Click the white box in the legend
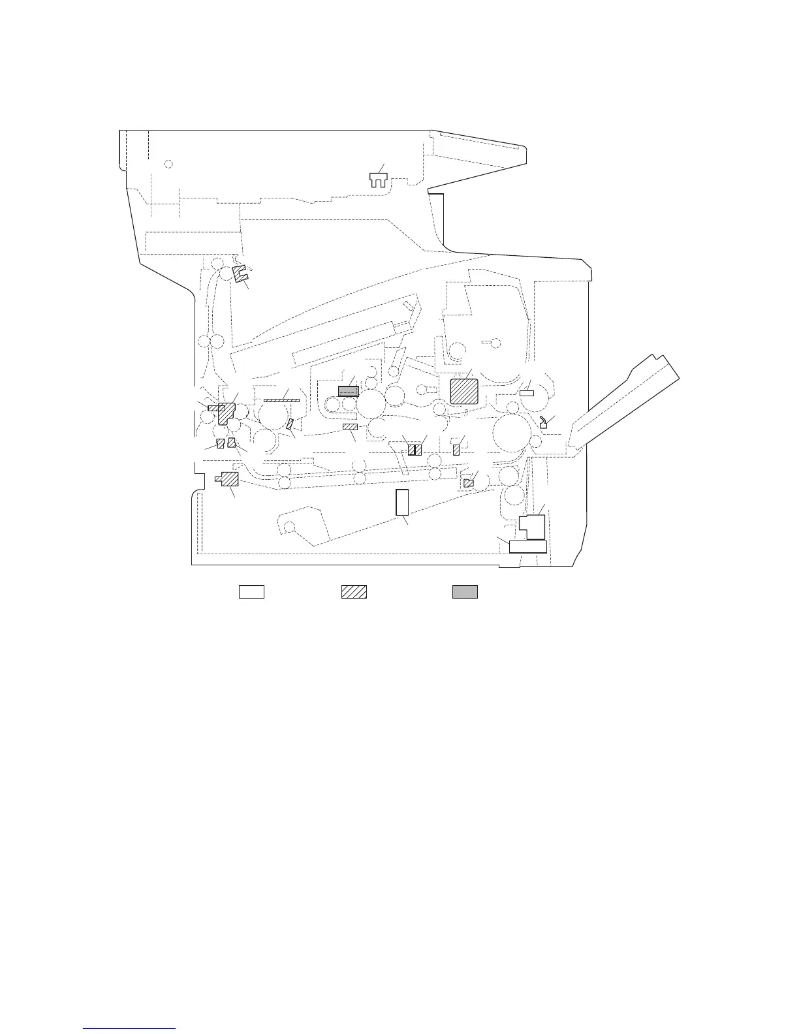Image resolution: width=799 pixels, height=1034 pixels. coord(251,591)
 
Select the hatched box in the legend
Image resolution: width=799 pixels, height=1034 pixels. coord(354,591)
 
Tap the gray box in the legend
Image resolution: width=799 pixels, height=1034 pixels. coord(465,591)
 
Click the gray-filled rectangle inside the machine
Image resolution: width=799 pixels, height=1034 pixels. coord(349,391)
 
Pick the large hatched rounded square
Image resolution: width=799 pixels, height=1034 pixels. coord(465,392)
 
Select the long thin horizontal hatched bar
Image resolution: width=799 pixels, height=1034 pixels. coord(281,400)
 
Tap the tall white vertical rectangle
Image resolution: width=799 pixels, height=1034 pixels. coord(402,502)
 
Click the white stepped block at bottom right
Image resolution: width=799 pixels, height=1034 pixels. coord(533,525)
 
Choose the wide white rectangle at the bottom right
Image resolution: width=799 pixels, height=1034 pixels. coord(527,546)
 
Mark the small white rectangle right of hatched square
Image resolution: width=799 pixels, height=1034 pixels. coord(527,393)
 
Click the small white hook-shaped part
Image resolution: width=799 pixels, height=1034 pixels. coord(543,424)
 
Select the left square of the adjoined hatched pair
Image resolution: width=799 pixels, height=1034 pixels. coord(411,450)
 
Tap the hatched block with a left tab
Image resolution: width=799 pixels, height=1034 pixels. coord(228,479)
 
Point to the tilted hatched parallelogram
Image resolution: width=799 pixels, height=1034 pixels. coord(289,425)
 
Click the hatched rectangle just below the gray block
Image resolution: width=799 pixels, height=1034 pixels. coord(351,427)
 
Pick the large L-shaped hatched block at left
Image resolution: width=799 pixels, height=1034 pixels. coord(227,413)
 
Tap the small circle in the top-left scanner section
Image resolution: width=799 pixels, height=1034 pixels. coord(168,163)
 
